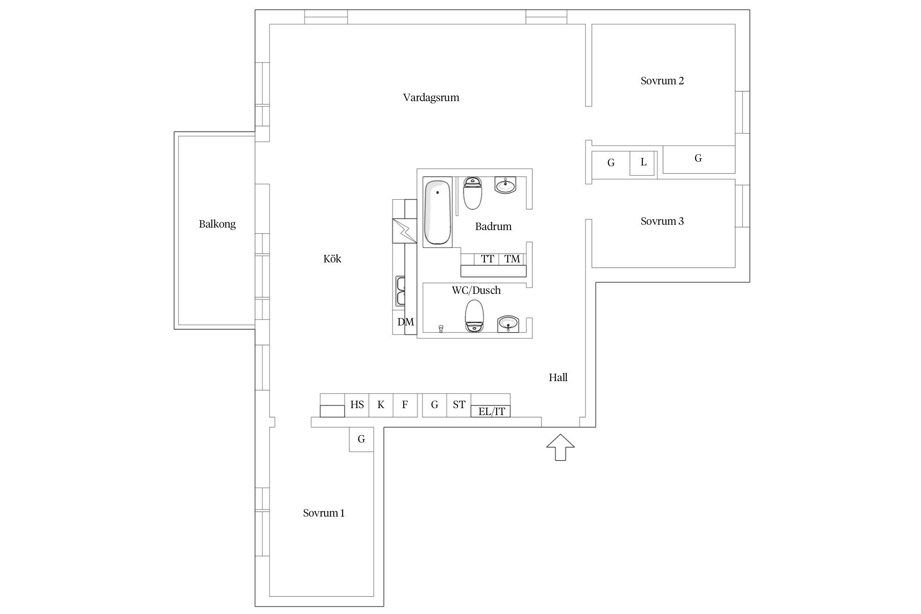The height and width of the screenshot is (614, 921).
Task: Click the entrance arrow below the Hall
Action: (560, 447)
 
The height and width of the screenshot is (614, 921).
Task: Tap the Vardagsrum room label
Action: (431, 98)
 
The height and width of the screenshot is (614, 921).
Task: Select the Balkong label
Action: (217, 224)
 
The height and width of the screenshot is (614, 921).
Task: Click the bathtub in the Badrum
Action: (437, 212)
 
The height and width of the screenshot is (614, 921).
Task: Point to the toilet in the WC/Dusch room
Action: (474, 316)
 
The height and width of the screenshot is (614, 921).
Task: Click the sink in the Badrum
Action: (506, 185)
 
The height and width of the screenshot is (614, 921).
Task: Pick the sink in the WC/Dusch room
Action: (508, 324)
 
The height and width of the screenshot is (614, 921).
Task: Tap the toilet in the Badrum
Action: (473, 193)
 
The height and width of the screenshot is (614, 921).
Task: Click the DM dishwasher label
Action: (406, 322)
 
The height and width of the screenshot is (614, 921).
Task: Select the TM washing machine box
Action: (512, 259)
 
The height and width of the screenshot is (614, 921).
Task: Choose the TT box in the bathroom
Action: (487, 259)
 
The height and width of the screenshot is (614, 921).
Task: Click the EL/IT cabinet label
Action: (492, 411)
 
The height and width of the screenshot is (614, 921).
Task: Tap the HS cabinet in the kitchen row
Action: (357, 405)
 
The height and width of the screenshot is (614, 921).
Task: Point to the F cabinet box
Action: (405, 405)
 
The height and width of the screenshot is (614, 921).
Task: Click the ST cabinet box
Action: (459, 405)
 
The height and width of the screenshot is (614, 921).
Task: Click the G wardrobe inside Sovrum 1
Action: (361, 440)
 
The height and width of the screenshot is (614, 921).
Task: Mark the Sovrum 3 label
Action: (662, 221)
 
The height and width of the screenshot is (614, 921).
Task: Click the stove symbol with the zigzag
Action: (405, 231)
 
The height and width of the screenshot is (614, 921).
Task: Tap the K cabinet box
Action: (381, 405)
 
